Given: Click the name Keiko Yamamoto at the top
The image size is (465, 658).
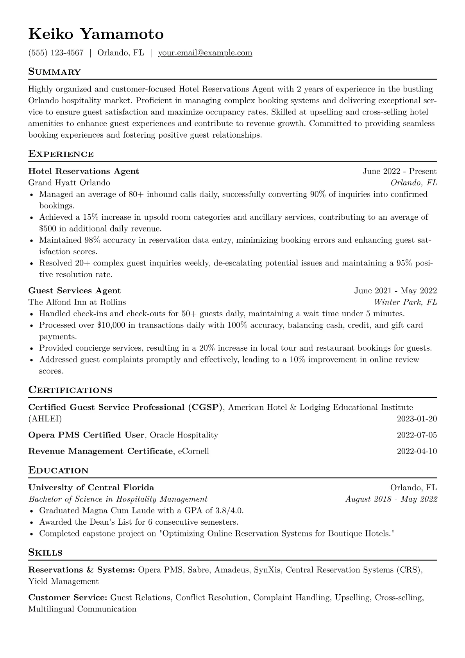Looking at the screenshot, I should (x=96, y=34).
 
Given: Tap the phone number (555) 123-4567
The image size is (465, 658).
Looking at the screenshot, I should (x=56, y=53).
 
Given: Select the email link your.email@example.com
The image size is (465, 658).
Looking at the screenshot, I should (x=205, y=53).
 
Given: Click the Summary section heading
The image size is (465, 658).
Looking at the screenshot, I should (x=54, y=72).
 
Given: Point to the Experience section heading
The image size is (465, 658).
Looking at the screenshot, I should (x=61, y=154).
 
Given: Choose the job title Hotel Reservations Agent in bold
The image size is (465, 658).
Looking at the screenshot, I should (x=84, y=171).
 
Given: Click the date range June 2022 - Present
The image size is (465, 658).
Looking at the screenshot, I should (x=399, y=171).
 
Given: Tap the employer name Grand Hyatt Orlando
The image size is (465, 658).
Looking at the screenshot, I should (x=69, y=183).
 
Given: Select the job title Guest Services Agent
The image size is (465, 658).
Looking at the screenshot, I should (x=75, y=290).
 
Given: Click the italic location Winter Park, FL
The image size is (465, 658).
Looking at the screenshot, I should (x=405, y=302).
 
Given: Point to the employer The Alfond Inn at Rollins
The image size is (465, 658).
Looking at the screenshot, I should (x=77, y=302).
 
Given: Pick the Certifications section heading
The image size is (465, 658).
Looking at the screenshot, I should (x=70, y=390).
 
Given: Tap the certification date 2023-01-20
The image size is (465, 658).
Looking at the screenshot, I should (x=417, y=419).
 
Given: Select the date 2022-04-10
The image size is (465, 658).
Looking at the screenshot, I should (x=417, y=451).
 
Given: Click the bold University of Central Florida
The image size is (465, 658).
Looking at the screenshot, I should (x=91, y=488).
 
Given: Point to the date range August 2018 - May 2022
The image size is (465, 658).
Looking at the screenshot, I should (x=391, y=499).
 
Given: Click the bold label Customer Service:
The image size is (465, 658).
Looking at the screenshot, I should (x=68, y=597).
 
